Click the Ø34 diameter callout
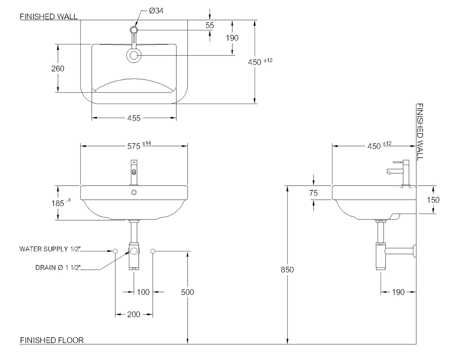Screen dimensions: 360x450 [x=156, y=11]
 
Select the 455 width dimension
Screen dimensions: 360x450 [x=134, y=118]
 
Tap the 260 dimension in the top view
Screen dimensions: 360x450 [x=58, y=69]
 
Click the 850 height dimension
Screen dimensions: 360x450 [x=287, y=269]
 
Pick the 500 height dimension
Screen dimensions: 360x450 [x=187, y=292]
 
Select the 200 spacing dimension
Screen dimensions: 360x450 [x=134, y=314]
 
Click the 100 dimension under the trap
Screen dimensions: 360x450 [x=143, y=292]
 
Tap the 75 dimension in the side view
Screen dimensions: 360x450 [x=313, y=193]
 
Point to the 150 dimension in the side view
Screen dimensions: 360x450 [x=433, y=200]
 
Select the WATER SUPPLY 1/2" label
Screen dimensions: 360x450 [x=50, y=249]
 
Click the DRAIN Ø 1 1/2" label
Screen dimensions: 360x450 [x=58, y=268]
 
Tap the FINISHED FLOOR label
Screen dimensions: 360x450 [x=52, y=340]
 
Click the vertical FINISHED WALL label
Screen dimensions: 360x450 [x=420, y=132]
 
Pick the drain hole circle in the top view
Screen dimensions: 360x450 [x=134, y=56]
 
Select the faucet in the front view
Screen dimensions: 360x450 [x=134, y=172]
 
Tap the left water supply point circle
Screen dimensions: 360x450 [x=115, y=251]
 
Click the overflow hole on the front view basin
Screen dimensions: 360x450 [x=134, y=192]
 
